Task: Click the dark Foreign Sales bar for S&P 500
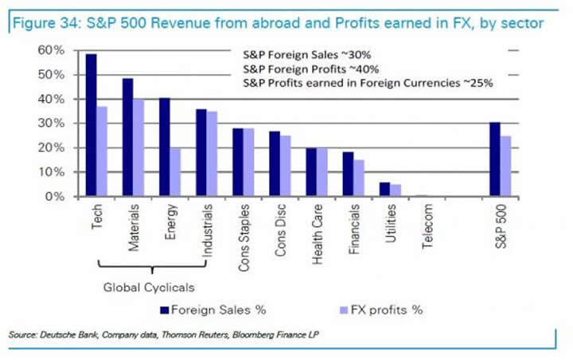(x=494, y=158)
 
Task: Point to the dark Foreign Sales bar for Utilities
(x=384, y=189)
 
